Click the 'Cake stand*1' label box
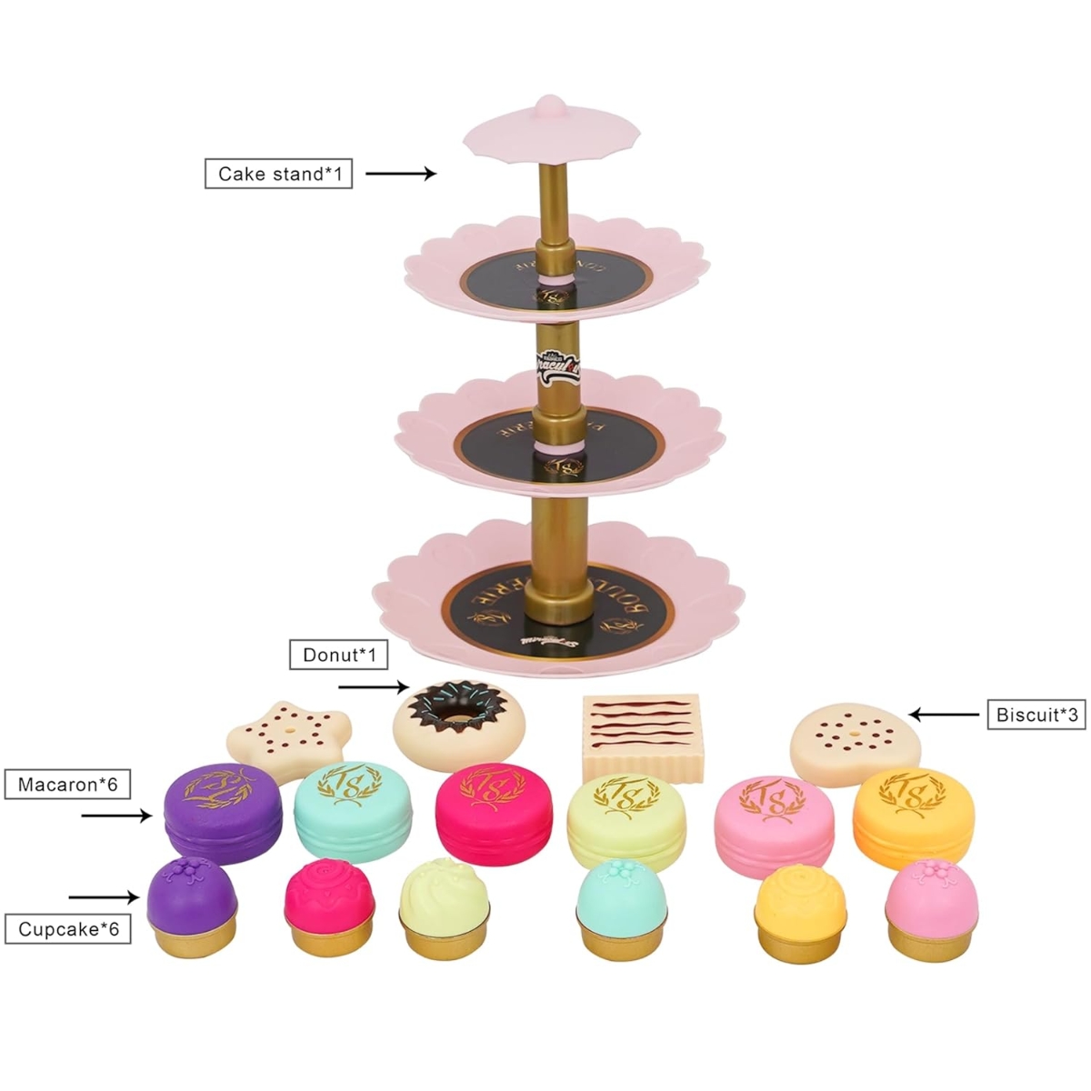pos(278,173)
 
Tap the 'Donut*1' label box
pos(338,655)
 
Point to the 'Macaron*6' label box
pos(68,784)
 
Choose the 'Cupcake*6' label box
pos(68,929)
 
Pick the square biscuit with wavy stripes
pos(646,736)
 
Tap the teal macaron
pos(353,811)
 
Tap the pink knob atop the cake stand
pos(546,106)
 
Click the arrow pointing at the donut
pos(374,688)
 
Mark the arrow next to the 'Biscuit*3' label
pos(946,715)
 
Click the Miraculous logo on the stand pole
pos(557,367)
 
